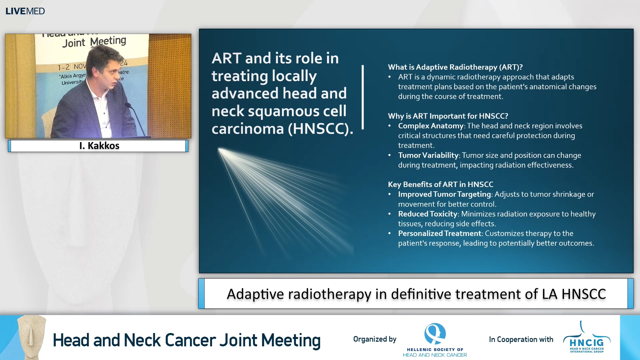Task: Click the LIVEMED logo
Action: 25,11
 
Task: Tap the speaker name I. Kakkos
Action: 99,146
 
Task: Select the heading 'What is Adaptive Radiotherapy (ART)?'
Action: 455,67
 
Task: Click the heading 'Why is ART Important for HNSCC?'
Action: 448,116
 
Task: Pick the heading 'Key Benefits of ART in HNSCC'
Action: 440,184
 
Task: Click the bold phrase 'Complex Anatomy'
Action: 431,126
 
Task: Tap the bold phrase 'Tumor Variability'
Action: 428,155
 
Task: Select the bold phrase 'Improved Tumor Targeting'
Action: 444,194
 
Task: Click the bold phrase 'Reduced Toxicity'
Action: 427,214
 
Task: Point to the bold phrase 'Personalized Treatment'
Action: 439,233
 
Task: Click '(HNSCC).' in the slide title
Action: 320,129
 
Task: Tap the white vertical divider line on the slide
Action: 363,97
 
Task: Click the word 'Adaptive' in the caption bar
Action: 255,294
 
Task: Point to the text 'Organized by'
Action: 375,339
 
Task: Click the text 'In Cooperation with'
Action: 521,339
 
